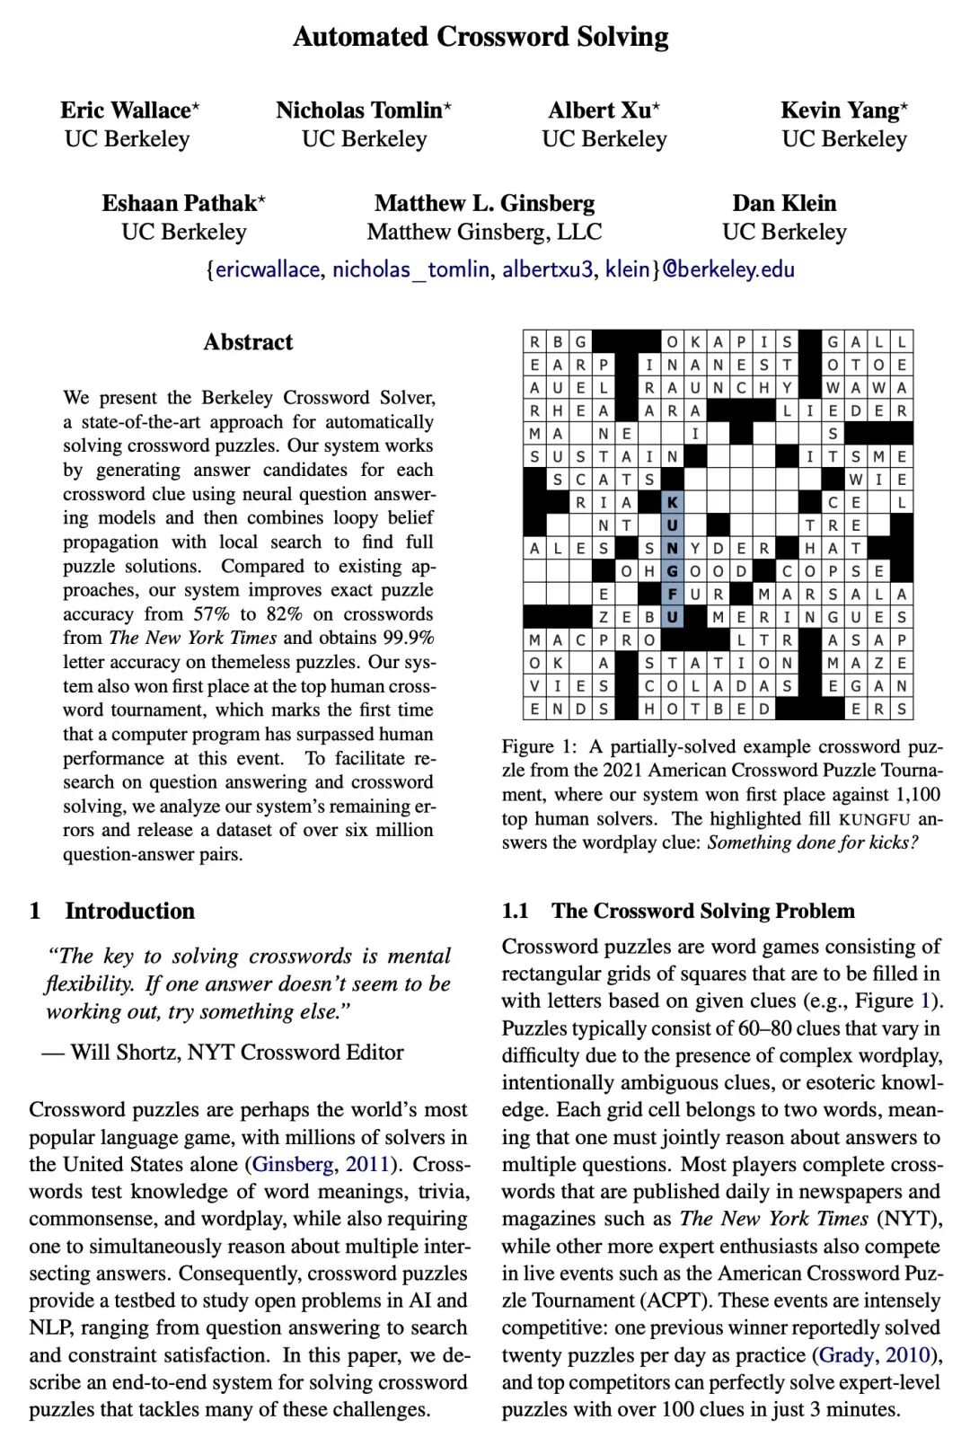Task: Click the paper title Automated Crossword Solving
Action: pyautogui.click(x=481, y=37)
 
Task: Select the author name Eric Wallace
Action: pyautogui.click(x=126, y=110)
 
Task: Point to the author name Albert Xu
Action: pyautogui.click(x=600, y=110)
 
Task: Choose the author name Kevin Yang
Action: pyautogui.click(x=840, y=110)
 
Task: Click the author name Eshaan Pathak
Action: pyautogui.click(x=180, y=203)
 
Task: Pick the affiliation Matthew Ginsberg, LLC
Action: pyautogui.click(x=484, y=232)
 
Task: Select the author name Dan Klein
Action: pyautogui.click(x=784, y=203)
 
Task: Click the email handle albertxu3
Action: pyautogui.click(x=547, y=269)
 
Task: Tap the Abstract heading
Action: pyautogui.click(x=248, y=342)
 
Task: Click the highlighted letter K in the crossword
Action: pyautogui.click(x=672, y=502)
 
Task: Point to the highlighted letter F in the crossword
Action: pyautogui.click(x=672, y=595)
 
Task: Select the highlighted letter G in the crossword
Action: pyautogui.click(x=672, y=571)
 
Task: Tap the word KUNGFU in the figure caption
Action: pyautogui.click(x=874, y=819)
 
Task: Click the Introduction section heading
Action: pyautogui.click(x=129, y=911)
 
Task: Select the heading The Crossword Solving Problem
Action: pyautogui.click(x=702, y=911)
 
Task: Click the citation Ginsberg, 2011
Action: pyautogui.click(x=321, y=1164)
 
